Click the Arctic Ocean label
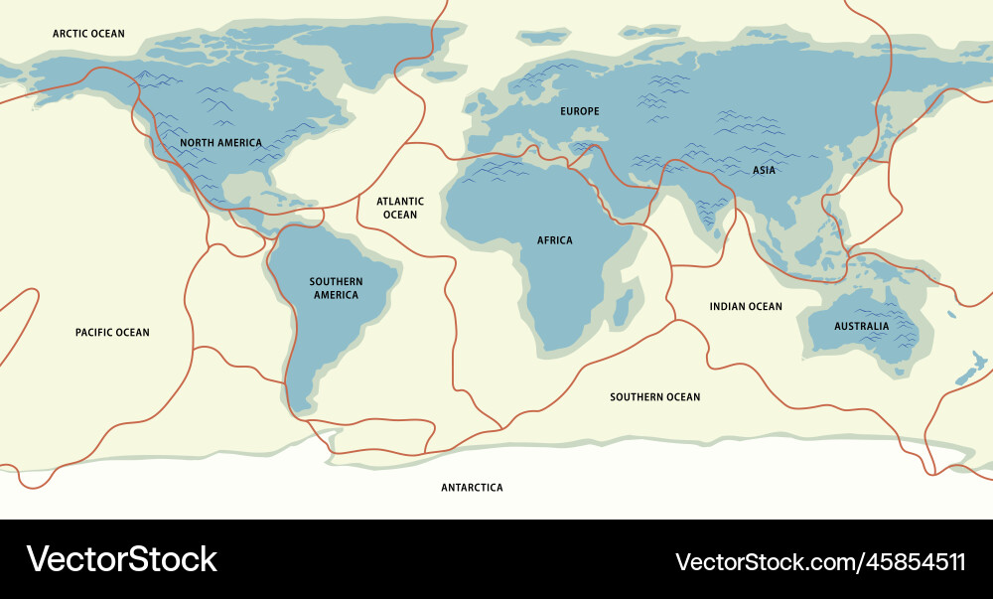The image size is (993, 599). point(88,34)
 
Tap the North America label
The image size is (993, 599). point(220,143)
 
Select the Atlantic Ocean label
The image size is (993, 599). point(400,208)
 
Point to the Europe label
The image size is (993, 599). point(580,111)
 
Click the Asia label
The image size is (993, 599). point(764,171)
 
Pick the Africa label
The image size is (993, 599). point(554,240)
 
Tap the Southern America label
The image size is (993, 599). point(336,288)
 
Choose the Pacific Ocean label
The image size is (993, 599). point(112,332)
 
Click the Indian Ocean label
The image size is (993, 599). point(746,307)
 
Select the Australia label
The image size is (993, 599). point(861,326)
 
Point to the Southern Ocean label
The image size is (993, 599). point(654,397)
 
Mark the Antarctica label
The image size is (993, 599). point(472,488)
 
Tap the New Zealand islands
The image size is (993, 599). point(964,376)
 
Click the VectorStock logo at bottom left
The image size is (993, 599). point(121,559)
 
